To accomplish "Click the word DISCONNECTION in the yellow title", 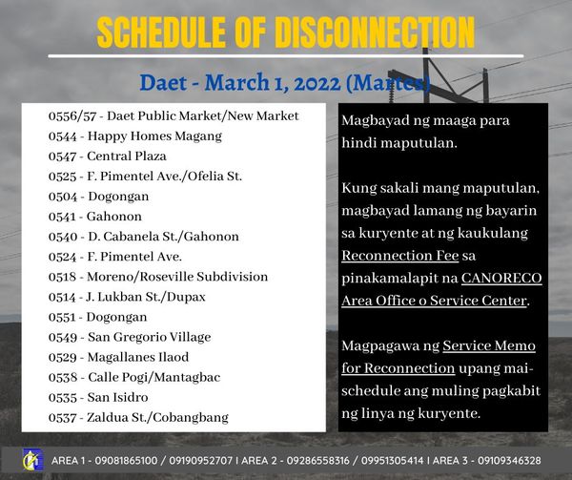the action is (x=375, y=32).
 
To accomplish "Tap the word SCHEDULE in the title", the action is (x=161, y=32).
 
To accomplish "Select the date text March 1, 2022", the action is (x=273, y=82).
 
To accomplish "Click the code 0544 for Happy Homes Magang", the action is (x=62, y=136).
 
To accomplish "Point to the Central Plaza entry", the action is (x=127, y=157).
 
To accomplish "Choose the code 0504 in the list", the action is (x=63, y=197).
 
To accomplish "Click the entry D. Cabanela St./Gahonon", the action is (x=163, y=237).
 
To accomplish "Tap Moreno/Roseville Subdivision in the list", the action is (x=177, y=277).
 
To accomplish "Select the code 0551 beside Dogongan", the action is (x=62, y=317).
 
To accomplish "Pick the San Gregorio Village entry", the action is (x=150, y=337).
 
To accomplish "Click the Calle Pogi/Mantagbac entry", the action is (x=153, y=378).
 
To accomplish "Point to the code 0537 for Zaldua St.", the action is (x=62, y=418).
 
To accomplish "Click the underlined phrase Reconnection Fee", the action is (x=400, y=256).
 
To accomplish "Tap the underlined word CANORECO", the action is (x=501, y=278).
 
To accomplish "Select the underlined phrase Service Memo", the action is (x=489, y=345).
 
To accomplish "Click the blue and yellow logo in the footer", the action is (x=32, y=460).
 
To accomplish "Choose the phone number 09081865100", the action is (x=126, y=461).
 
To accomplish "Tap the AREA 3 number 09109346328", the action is (x=509, y=461).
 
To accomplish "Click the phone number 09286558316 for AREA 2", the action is (x=317, y=461).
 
